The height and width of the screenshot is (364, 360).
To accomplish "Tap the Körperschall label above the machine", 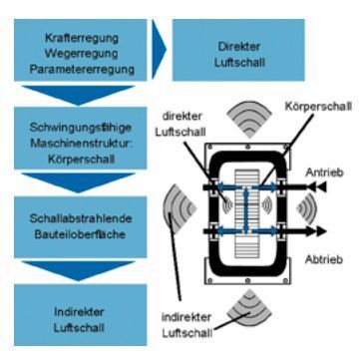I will coord(312,132).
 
